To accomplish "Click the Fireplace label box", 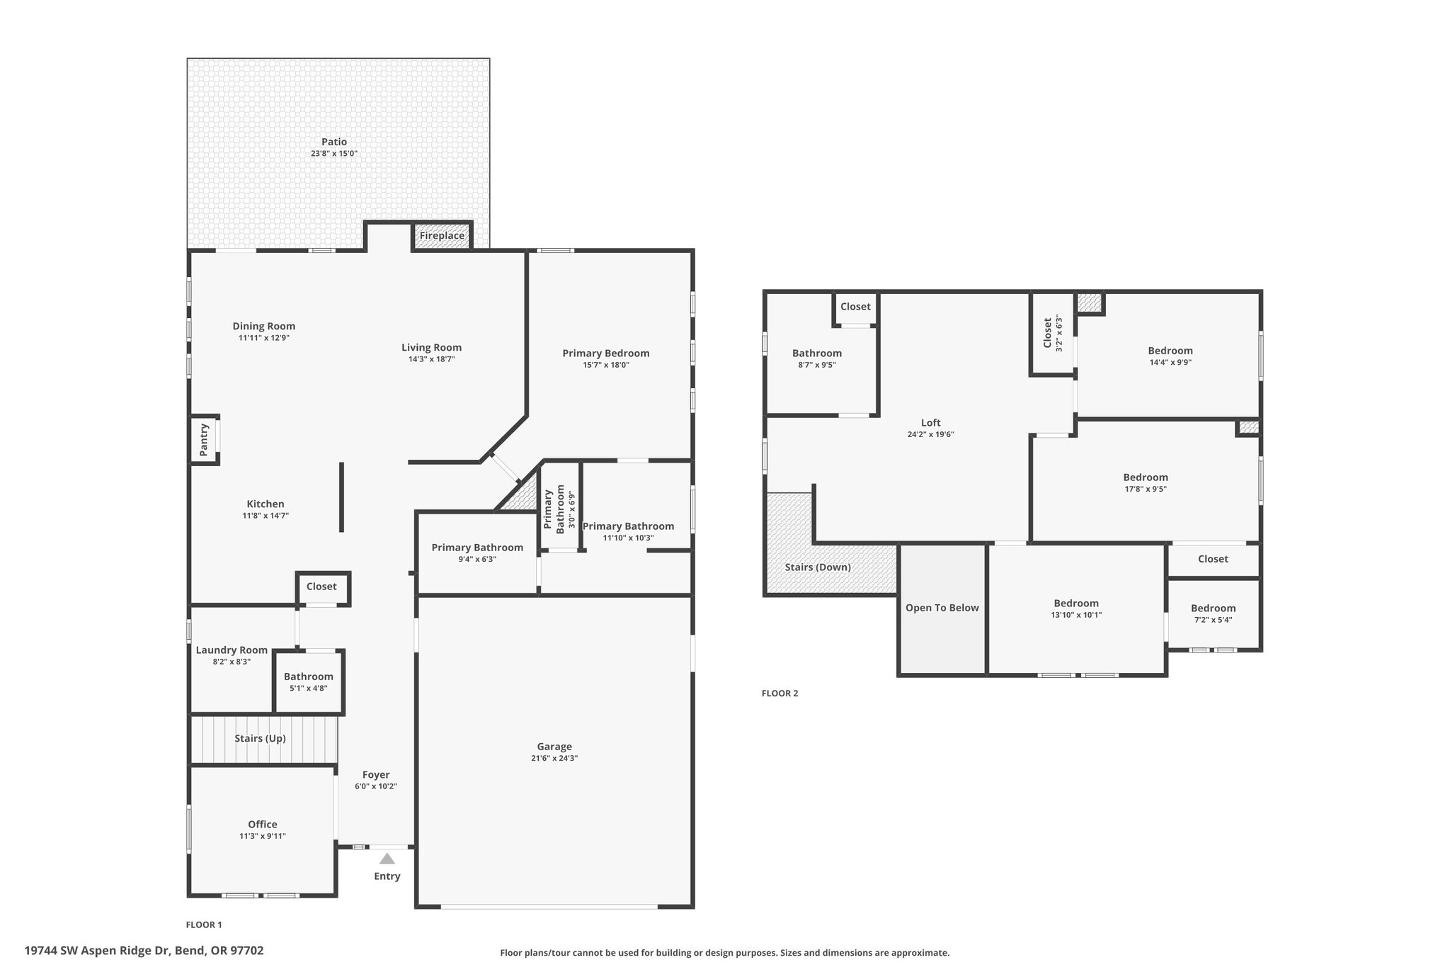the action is click(x=442, y=236).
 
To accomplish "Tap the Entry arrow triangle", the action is click(x=387, y=859).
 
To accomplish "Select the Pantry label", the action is click(x=204, y=440).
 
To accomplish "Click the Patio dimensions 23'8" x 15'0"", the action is click(x=334, y=154).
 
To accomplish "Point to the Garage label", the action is click(x=554, y=746).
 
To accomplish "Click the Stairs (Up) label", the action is click(x=261, y=738).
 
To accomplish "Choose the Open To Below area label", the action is click(x=942, y=608).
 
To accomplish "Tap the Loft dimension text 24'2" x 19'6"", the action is click(x=931, y=435).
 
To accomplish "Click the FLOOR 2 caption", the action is click(x=780, y=694).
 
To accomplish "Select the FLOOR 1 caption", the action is click(x=204, y=924).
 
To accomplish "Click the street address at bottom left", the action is click(x=144, y=951).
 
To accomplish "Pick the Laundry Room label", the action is click(x=232, y=650).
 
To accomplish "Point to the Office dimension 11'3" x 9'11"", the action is click(x=263, y=837).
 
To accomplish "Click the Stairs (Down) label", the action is click(x=818, y=567).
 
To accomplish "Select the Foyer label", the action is click(x=376, y=775).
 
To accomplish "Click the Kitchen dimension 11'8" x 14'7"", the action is click(x=266, y=516).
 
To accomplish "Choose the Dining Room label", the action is click(x=264, y=327).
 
